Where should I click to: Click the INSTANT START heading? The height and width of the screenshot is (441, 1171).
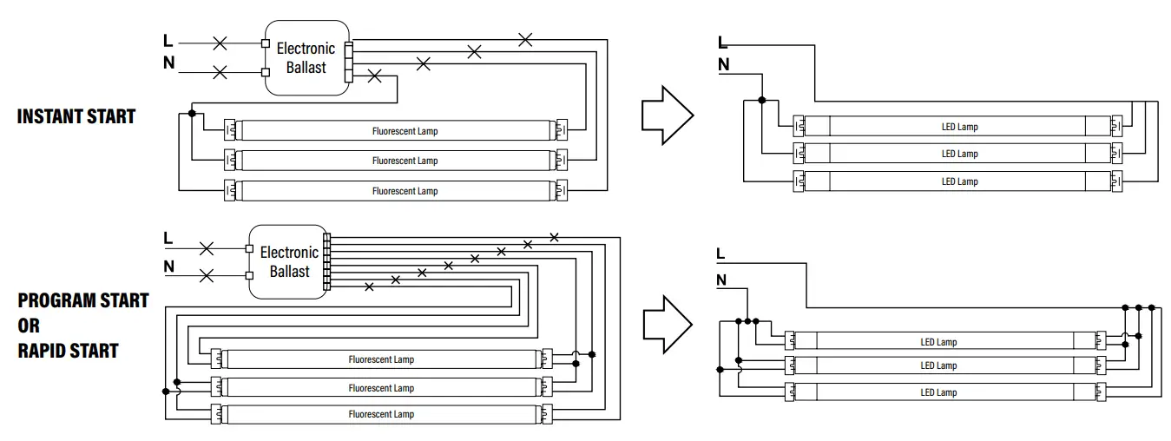pos(76,116)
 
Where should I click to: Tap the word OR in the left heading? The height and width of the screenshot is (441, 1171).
pos(29,326)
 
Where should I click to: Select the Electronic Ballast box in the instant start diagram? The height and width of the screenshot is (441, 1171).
pos(306,58)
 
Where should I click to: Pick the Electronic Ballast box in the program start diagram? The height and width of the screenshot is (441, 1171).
pos(289,261)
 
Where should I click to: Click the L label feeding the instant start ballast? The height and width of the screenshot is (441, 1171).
pos(168,41)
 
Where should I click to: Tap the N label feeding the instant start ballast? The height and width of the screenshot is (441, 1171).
pos(168,63)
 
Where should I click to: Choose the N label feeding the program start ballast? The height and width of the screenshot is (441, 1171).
pos(168,267)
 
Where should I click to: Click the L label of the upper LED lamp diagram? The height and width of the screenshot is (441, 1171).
pos(722,43)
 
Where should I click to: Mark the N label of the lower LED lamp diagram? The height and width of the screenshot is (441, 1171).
pos(721,280)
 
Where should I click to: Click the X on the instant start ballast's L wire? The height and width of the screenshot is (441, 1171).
pos(220,42)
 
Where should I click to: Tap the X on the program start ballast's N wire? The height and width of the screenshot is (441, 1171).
pos(207,276)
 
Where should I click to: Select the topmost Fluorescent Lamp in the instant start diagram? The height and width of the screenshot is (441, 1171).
pos(405,131)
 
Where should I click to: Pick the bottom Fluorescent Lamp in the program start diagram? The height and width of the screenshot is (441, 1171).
pos(381,414)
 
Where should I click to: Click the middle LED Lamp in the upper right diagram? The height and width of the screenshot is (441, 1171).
pos(959,154)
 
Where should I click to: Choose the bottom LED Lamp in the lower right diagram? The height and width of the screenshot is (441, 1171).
pos(938,392)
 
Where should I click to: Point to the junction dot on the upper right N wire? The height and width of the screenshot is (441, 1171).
pos(762,100)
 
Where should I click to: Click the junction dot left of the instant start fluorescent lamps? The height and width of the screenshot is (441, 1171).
pos(192,113)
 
